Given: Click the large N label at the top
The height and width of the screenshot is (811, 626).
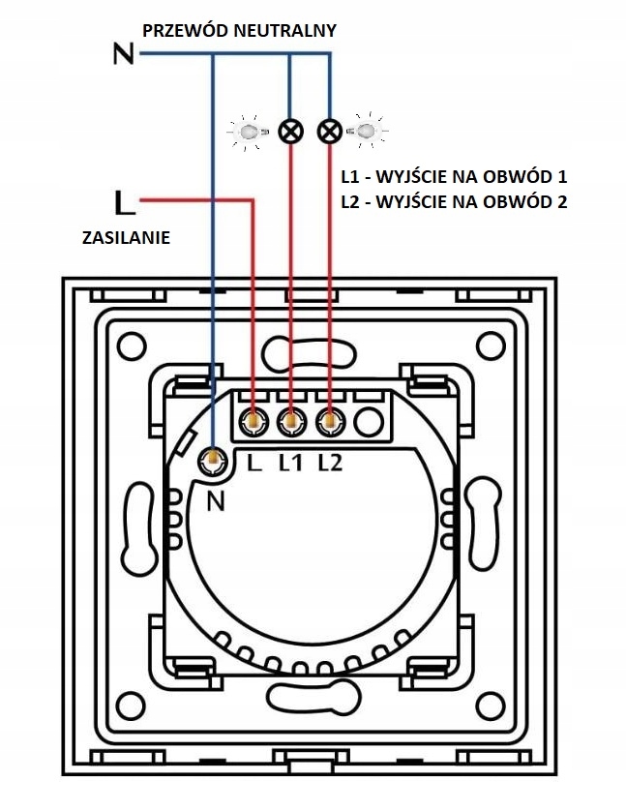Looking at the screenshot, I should click(x=123, y=54).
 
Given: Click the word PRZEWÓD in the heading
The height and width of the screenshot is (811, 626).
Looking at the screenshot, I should click(x=183, y=30).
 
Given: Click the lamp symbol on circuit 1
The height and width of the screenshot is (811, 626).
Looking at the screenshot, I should click(x=289, y=131).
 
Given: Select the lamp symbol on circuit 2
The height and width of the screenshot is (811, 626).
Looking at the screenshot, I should click(x=330, y=131).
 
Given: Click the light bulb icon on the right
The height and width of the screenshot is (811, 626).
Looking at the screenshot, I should click(x=369, y=130).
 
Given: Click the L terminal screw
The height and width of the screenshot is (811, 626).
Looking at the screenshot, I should click(x=253, y=421).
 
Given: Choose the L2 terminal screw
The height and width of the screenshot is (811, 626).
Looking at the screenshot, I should click(x=330, y=421).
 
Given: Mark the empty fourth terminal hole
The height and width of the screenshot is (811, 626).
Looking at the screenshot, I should click(x=367, y=421).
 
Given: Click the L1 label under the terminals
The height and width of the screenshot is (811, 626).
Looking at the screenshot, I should click(x=291, y=464).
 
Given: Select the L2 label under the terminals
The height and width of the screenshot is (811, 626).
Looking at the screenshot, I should click(x=330, y=464).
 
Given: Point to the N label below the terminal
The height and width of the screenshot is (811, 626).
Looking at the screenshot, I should click(x=216, y=501).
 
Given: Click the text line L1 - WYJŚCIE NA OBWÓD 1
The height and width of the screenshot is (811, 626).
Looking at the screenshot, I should click(x=453, y=178).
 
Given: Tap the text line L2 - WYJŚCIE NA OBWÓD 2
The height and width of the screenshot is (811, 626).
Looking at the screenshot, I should click(x=454, y=202).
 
